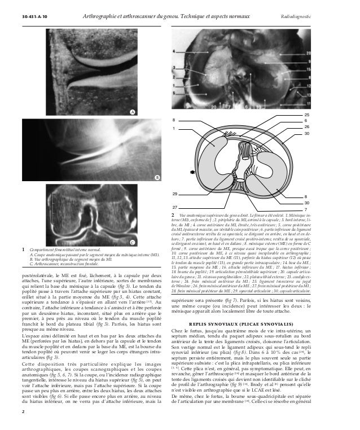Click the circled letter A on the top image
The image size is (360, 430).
(133, 112)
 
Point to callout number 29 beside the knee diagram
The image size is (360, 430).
(175, 194)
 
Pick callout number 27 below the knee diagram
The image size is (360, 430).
(175, 208)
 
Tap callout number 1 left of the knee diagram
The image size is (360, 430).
(174, 129)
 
